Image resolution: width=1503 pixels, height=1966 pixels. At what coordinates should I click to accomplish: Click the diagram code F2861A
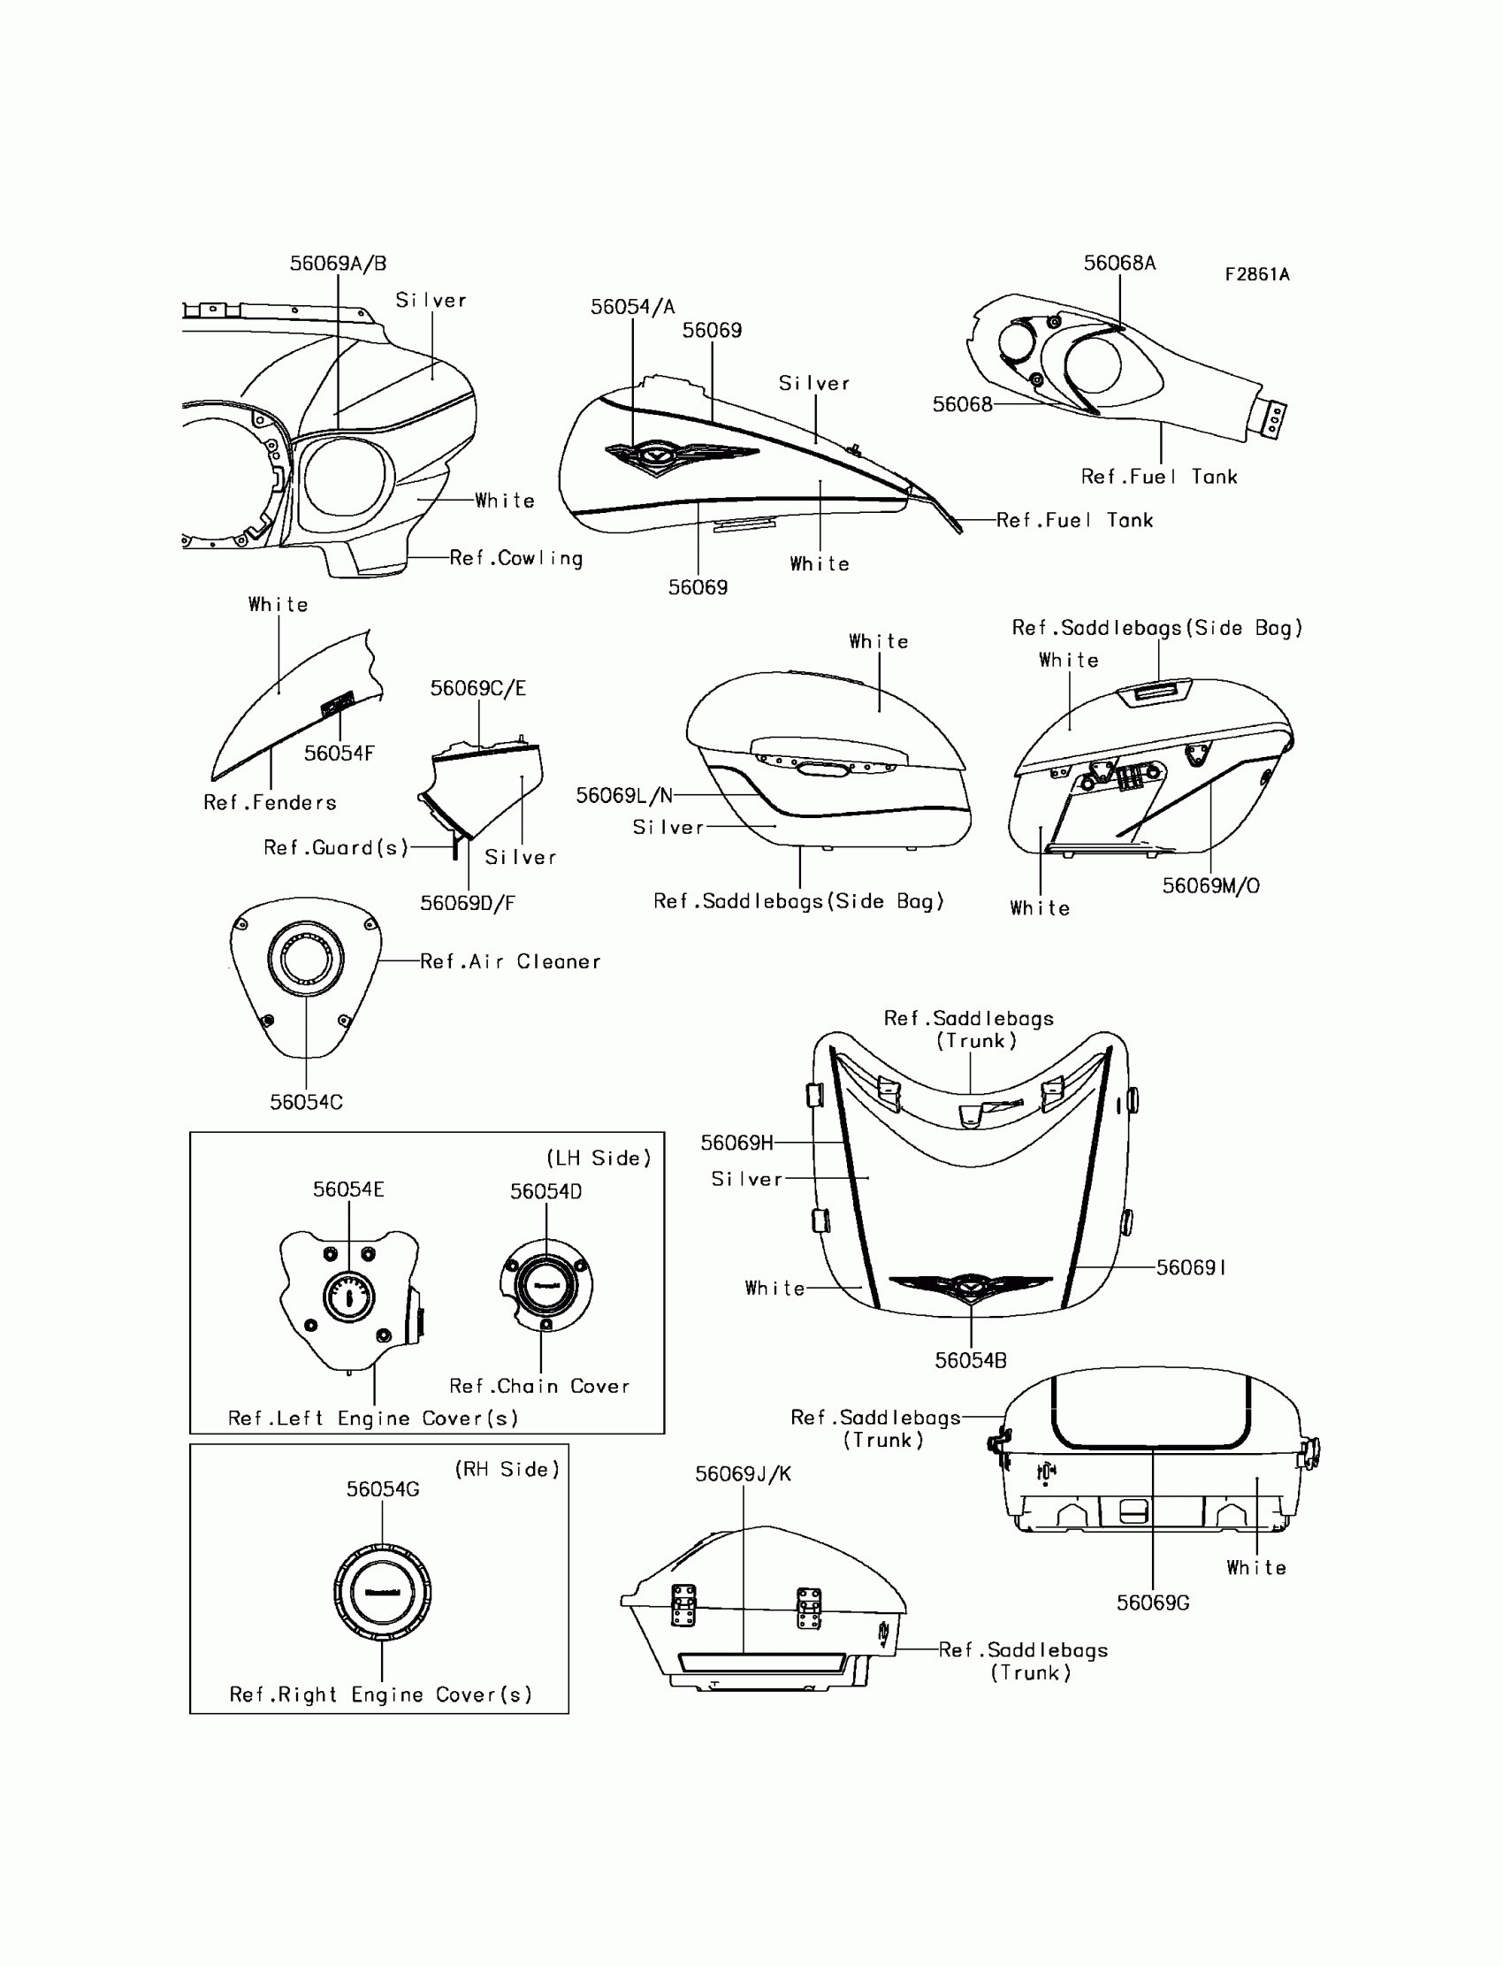coord(1257,275)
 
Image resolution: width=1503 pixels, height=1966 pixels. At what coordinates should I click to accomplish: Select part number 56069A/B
coord(337,263)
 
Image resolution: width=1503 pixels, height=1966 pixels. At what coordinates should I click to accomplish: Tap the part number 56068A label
coord(1119,263)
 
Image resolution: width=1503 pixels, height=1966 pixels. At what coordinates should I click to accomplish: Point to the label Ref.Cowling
coord(515,558)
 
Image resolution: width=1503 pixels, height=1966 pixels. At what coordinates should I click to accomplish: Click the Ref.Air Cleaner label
coord(510,962)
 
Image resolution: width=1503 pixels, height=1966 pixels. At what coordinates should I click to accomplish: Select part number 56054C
coord(306,1103)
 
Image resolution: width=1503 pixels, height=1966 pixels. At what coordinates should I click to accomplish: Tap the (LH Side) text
coord(599,1158)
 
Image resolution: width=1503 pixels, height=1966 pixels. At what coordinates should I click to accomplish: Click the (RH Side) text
coord(507,1469)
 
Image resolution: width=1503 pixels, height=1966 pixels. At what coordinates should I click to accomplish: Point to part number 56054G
coord(383,1489)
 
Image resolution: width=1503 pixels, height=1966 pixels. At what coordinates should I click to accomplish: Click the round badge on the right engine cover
coord(383,1592)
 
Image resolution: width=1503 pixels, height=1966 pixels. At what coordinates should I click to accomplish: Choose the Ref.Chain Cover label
coord(539,1386)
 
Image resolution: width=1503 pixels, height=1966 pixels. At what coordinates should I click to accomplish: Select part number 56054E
coord(348,1190)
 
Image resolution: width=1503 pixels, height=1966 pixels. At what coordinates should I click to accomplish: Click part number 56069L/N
coord(623,796)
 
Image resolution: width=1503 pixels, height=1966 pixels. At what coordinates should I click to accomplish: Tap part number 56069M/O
coord(1210,886)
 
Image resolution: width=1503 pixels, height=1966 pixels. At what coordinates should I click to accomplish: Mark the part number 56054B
coord(971,1361)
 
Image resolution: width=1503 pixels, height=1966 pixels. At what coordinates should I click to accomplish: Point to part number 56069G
coord(1152,1603)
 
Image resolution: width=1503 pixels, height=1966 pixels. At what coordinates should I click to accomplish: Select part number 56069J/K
coord(743,1473)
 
